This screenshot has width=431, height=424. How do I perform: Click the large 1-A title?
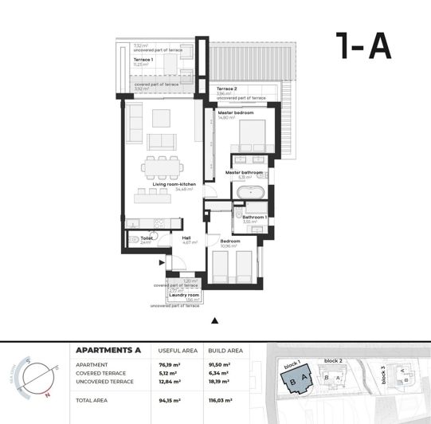363,46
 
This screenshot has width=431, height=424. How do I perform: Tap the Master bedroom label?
236,113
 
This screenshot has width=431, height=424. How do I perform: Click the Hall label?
186,238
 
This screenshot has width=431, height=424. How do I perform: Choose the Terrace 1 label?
143,60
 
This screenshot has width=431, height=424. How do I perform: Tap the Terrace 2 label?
227,88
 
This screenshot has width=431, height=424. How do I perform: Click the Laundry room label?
184,295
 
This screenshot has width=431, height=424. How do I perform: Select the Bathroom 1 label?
254,217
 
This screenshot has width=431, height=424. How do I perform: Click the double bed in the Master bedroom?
254,143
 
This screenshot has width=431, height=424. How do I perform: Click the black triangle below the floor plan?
214,320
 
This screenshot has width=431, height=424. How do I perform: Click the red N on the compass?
47,394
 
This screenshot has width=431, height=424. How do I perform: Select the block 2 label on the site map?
333,360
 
